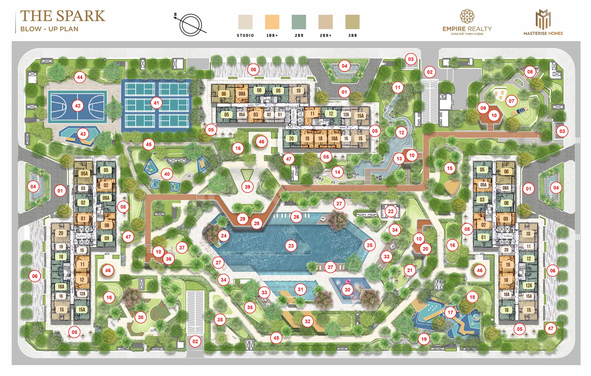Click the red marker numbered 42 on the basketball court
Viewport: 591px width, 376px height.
(x=78, y=106)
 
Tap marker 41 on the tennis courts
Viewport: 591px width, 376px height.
(x=156, y=102)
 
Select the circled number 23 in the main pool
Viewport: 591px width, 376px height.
(x=291, y=246)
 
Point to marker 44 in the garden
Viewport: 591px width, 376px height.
(x=80, y=77)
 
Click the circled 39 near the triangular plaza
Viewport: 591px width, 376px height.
(x=247, y=187)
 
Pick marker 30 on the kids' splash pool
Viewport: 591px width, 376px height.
(x=347, y=289)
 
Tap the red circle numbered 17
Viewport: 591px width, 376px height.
(x=450, y=313)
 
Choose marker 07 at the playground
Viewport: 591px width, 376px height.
(x=511, y=101)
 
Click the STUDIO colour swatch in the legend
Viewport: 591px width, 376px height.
(x=245, y=22)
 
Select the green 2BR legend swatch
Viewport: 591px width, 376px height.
(x=299, y=22)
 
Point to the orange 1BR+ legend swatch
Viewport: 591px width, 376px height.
(x=272, y=22)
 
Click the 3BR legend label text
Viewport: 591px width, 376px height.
(x=352, y=36)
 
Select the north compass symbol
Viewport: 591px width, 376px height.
(x=190, y=25)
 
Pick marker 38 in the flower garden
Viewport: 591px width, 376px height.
(x=140, y=317)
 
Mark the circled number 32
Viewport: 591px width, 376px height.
(x=308, y=321)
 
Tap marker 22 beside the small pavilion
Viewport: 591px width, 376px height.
(x=391, y=211)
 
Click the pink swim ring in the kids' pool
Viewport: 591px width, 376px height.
(x=348, y=282)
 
